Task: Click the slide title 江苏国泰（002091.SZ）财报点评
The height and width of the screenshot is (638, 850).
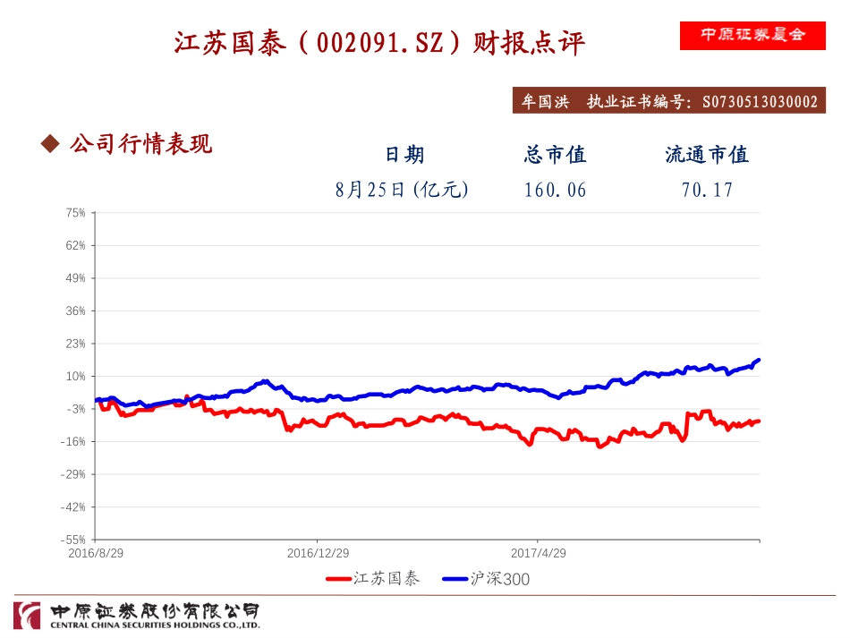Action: pyautogui.click(x=379, y=43)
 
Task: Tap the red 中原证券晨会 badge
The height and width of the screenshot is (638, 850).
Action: pyautogui.click(x=752, y=35)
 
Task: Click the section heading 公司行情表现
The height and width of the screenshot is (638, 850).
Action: pyautogui.click(x=140, y=143)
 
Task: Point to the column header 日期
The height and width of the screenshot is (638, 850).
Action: pyautogui.click(x=404, y=155)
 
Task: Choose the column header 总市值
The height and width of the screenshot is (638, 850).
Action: pyautogui.click(x=555, y=155)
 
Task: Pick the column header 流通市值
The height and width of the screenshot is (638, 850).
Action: pyautogui.click(x=707, y=155)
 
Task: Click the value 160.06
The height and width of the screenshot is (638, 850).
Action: pyautogui.click(x=555, y=190)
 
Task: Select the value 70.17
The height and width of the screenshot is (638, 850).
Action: pyautogui.click(x=707, y=190)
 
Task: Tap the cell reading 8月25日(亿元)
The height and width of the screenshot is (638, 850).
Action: pyautogui.click(x=403, y=190)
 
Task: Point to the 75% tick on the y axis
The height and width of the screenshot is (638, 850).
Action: pyautogui.click(x=75, y=213)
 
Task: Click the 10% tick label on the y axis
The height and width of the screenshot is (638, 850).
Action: pyautogui.click(x=75, y=377)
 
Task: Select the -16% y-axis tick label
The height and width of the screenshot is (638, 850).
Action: pyautogui.click(x=74, y=442)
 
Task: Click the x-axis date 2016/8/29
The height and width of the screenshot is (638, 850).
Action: pyautogui.click(x=96, y=553)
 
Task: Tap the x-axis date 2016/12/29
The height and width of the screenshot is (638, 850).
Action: pyautogui.click(x=318, y=553)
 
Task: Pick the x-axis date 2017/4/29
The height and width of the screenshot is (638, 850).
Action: pyautogui.click(x=538, y=553)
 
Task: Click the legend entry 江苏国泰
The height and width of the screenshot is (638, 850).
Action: pyautogui.click(x=386, y=579)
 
